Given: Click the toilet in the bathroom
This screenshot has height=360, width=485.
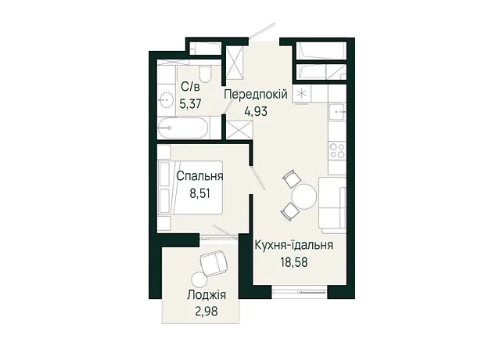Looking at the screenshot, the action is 204,74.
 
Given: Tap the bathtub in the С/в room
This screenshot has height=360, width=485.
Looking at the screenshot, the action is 182,128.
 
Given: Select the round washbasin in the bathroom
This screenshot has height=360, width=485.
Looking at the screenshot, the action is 166,99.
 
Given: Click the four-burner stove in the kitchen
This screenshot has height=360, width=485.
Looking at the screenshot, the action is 337,151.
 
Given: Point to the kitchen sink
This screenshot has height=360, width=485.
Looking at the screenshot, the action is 337,112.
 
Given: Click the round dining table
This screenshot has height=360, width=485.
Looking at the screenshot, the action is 304,196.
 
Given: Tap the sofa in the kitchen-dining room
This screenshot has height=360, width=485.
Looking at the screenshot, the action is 332,205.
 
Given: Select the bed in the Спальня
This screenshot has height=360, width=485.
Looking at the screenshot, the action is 190,187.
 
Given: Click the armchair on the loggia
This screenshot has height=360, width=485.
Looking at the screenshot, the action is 214,264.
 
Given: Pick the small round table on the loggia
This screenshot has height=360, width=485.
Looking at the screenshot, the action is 199,280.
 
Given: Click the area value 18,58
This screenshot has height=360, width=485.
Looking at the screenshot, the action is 294,262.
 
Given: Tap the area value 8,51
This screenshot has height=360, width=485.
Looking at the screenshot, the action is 199,194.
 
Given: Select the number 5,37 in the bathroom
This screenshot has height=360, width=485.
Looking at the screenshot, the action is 190,103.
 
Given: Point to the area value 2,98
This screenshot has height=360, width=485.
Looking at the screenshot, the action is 207,311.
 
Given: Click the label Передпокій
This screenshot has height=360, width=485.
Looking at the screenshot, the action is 256,94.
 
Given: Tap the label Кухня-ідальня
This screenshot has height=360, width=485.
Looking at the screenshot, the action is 294,245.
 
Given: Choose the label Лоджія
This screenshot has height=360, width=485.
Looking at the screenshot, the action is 207,295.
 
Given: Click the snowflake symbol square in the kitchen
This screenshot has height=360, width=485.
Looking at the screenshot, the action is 301,94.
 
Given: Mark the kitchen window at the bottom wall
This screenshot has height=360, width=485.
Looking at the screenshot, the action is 300,291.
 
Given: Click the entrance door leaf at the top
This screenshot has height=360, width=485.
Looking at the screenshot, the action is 262,31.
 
